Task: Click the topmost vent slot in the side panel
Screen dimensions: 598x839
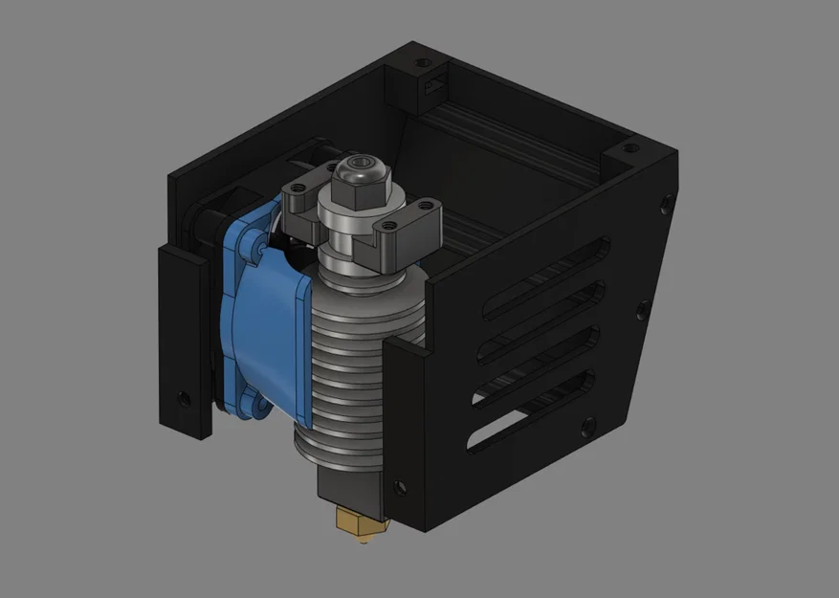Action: (546, 277)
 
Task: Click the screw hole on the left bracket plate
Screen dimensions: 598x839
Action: (184, 395)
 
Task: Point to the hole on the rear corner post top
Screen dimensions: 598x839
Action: (420, 63)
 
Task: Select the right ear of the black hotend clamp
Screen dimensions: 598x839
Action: (412, 219)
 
